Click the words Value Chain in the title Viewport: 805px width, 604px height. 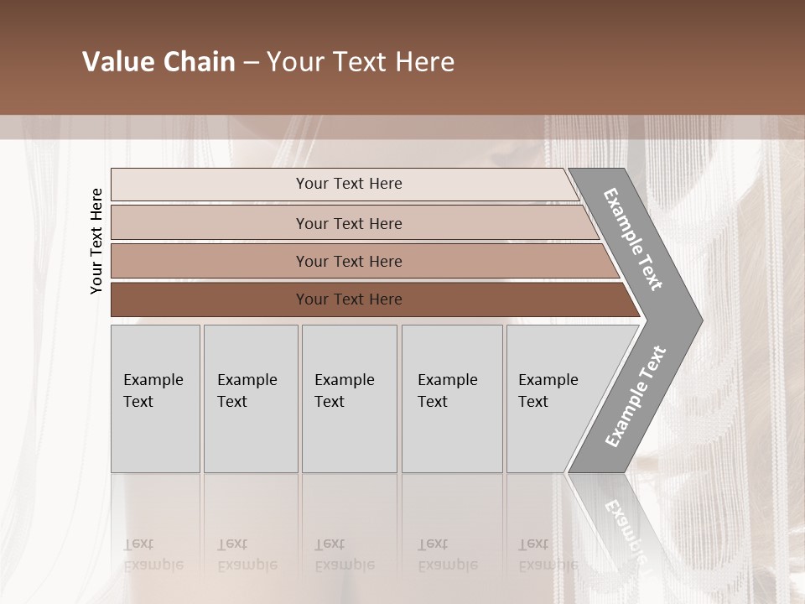[x=158, y=62]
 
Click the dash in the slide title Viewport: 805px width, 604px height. [x=251, y=62]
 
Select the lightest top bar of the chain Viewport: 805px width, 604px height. [x=210, y=185]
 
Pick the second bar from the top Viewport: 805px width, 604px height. [x=210, y=223]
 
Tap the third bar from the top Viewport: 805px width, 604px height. [x=210, y=262]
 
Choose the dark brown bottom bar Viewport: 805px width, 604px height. [x=210, y=299]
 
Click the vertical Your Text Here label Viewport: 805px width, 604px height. [x=96, y=241]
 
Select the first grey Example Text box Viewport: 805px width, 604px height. [x=155, y=398]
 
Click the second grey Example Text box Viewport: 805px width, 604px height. [x=251, y=398]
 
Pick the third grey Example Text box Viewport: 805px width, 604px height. [x=349, y=398]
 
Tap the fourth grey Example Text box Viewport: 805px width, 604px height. [x=452, y=398]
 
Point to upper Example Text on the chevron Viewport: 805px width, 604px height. [x=634, y=239]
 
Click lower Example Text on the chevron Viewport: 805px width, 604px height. [x=636, y=396]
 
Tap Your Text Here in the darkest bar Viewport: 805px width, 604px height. [x=349, y=299]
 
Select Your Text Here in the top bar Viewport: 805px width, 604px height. [x=349, y=184]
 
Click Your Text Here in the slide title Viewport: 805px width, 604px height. [x=361, y=62]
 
